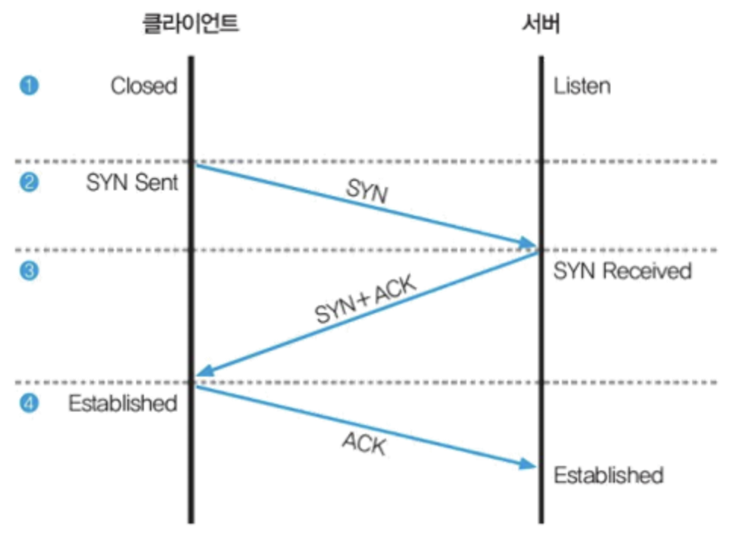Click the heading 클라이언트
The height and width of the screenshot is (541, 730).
(191, 24)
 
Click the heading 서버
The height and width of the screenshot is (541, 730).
(541, 24)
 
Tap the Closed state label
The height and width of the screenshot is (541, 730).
(144, 86)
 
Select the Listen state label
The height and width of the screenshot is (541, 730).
(582, 86)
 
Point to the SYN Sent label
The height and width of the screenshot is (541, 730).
(133, 183)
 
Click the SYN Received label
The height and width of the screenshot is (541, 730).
(622, 270)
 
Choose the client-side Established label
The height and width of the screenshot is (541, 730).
(123, 403)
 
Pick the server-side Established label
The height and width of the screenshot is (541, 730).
(608, 475)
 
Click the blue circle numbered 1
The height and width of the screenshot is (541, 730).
(28, 86)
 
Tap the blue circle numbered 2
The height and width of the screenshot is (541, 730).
(28, 183)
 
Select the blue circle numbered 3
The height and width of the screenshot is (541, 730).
(28, 270)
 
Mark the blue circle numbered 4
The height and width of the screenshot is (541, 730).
(28, 403)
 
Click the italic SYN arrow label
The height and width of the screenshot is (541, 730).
(367, 192)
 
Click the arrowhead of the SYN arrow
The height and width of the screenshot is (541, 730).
(528, 243)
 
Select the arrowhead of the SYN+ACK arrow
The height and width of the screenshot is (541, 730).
(204, 372)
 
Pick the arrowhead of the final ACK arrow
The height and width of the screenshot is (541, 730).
(528, 464)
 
